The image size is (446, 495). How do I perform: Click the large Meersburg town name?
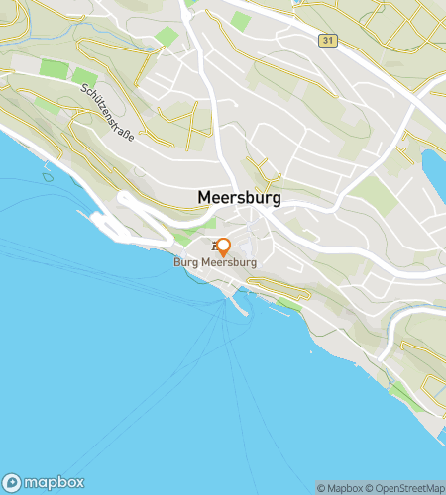click(x=239, y=197)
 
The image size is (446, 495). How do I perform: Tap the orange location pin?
click(x=224, y=247)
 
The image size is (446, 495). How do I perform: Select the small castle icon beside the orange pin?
click(x=213, y=245)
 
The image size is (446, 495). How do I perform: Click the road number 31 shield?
click(x=327, y=40)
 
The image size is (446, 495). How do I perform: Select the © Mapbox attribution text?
click(x=340, y=487)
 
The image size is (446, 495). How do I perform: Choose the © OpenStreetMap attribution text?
click(x=406, y=487)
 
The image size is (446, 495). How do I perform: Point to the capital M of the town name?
click(x=205, y=197)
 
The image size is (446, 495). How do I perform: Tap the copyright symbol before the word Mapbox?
click(x=321, y=487)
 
